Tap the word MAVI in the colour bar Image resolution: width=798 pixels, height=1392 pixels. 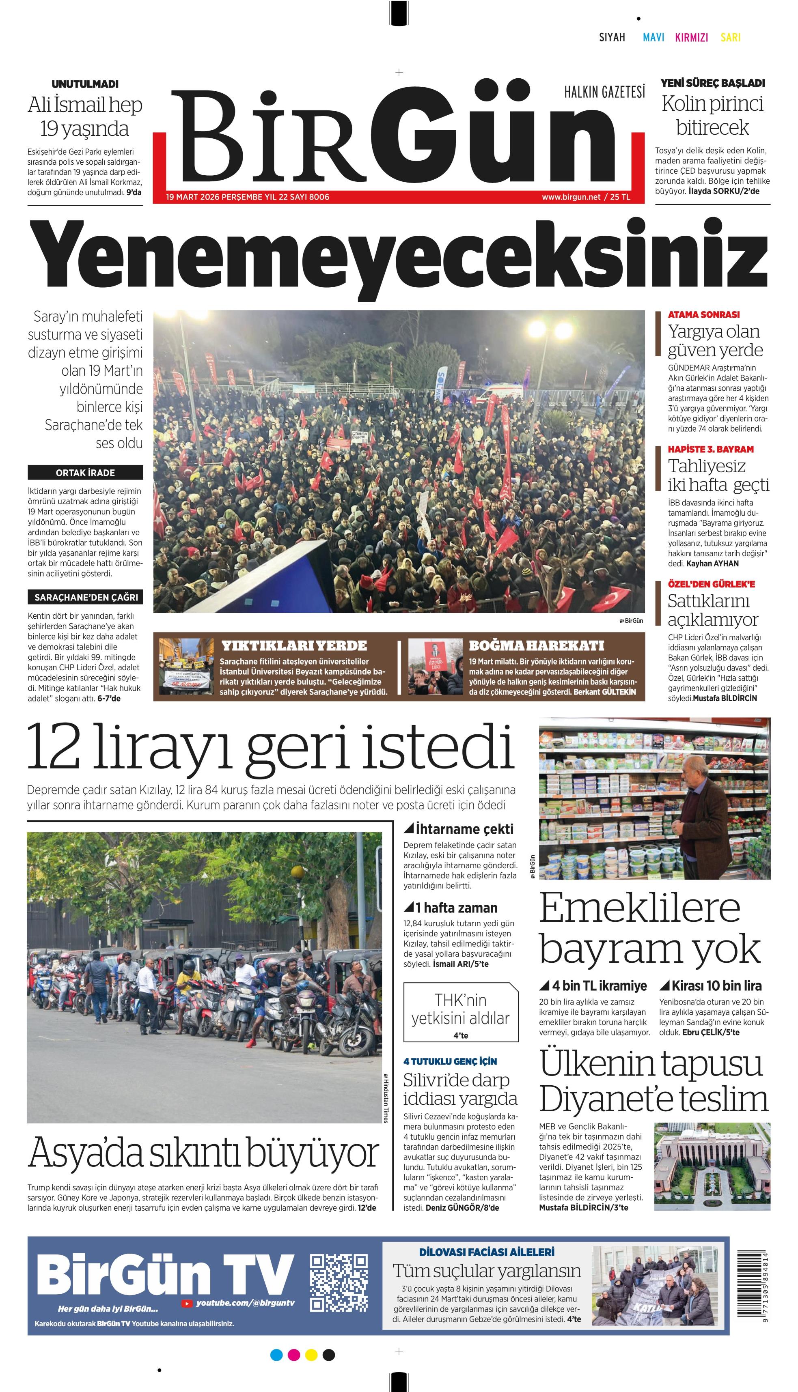click(x=653, y=37)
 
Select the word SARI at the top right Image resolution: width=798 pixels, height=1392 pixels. click(x=730, y=37)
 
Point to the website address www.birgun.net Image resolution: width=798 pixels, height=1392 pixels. click(x=571, y=197)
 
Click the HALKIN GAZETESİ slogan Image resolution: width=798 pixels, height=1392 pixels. click(x=604, y=92)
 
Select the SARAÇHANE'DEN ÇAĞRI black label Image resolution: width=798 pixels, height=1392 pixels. click(x=86, y=597)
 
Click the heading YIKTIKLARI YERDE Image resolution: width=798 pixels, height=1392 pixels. click(x=294, y=645)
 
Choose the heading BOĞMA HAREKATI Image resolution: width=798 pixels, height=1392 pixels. click(x=536, y=645)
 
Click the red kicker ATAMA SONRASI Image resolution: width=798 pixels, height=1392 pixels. click(x=703, y=314)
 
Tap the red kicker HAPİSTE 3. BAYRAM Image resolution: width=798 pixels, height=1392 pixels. click(x=710, y=449)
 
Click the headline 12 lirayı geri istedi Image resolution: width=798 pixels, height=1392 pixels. click(x=271, y=748)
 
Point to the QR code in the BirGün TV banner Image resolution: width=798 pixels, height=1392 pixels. click(x=338, y=1282)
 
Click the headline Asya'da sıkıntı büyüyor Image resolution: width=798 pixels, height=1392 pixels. click(x=203, y=1153)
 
